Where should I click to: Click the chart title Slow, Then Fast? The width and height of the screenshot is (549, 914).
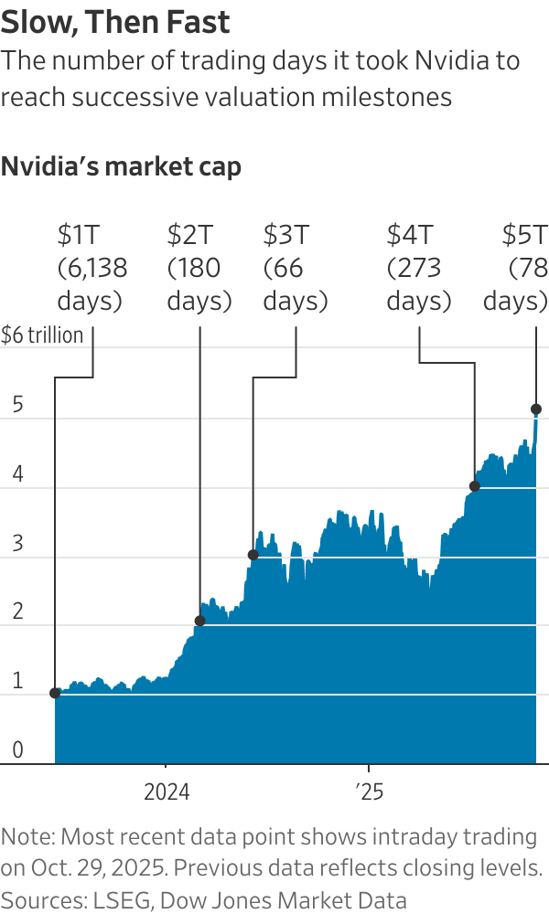[115, 22]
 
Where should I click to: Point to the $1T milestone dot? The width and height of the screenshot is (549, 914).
[55, 693]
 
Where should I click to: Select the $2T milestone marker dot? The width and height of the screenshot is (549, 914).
[200, 621]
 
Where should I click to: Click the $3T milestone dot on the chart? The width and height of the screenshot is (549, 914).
[253, 555]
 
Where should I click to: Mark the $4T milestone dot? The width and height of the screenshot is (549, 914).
[474, 486]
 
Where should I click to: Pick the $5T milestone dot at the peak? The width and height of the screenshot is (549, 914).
[536, 409]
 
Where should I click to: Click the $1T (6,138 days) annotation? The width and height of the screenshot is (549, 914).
[91, 269]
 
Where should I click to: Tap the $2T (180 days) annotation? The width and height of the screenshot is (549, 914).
[199, 269]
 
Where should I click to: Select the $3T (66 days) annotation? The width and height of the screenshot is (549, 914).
[295, 269]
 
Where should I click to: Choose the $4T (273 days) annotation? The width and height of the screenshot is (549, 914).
[418, 269]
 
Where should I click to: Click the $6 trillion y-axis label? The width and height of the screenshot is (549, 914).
[42, 335]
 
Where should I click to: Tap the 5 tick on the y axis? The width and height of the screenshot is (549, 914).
[18, 406]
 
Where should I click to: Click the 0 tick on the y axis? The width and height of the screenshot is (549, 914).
[18, 751]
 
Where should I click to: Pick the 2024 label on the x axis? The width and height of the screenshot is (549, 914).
[167, 791]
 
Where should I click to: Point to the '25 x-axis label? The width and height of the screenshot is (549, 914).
[369, 791]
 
